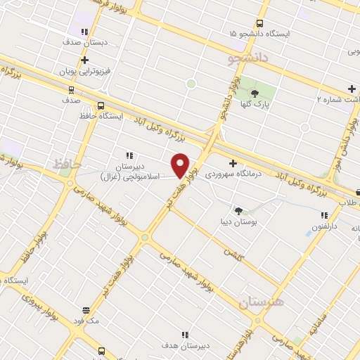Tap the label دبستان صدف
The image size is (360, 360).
[x=85, y=43]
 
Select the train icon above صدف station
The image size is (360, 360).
[x=70, y=89]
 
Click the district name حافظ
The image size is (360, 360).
[x=63, y=164]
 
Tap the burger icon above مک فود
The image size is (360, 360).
[x=86, y=310]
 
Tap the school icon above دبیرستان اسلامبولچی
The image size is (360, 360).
[x=129, y=155]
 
